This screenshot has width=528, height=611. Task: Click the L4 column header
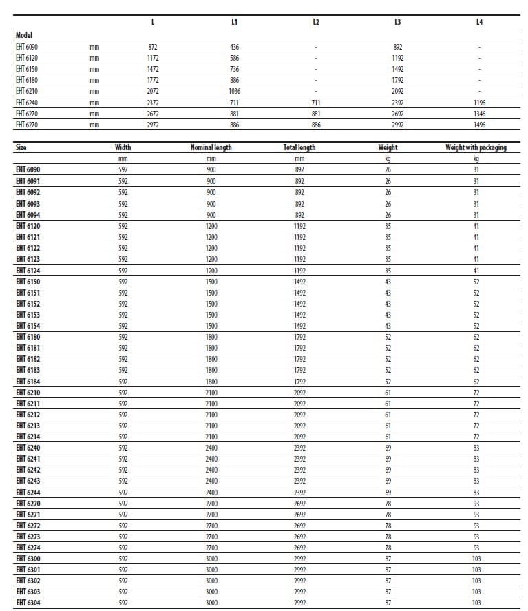(479, 22)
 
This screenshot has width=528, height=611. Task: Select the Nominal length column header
(211, 147)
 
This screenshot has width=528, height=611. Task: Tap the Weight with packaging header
(476, 147)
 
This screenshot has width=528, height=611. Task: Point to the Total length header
(299, 147)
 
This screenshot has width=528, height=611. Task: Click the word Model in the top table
(24, 34)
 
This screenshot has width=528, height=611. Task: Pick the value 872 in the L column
(153, 47)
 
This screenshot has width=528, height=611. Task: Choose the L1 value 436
(234, 47)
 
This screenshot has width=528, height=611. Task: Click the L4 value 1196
(479, 102)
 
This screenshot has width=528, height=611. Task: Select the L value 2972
(153, 125)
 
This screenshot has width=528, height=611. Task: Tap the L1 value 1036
(234, 91)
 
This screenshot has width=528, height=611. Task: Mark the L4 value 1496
(479, 125)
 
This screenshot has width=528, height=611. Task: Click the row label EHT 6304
(28, 603)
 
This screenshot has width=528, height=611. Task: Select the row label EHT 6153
(28, 315)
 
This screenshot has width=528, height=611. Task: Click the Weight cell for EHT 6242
(388, 470)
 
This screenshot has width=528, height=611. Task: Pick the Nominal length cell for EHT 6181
(211, 349)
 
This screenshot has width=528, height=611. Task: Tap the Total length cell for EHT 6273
(299, 537)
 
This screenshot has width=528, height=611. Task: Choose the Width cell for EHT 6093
(123, 203)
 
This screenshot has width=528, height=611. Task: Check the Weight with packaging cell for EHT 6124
(476, 270)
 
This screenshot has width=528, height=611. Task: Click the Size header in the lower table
(21, 147)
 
